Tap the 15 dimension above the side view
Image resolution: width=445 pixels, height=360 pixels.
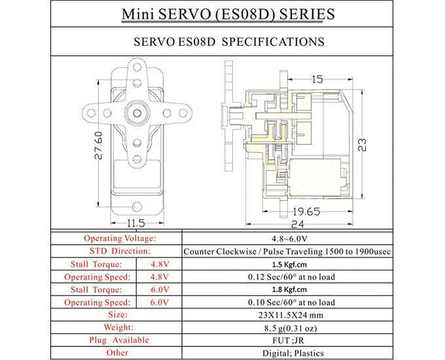pos(317,80)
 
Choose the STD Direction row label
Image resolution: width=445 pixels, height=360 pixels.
pos(117,251)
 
